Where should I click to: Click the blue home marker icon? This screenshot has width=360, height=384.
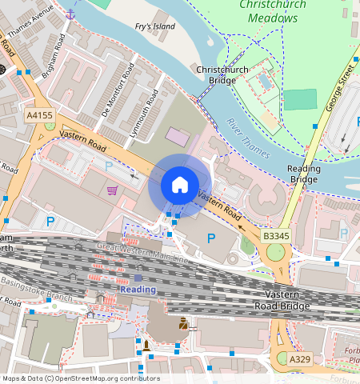[x=180, y=186]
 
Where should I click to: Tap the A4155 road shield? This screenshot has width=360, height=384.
[x=39, y=116]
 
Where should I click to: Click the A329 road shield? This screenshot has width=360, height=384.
[x=300, y=360]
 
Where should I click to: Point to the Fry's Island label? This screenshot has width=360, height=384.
[x=154, y=27]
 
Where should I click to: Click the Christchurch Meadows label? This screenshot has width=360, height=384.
[x=273, y=11]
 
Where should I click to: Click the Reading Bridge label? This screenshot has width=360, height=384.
[x=304, y=174]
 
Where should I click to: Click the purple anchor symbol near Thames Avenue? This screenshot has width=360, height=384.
[x=70, y=14]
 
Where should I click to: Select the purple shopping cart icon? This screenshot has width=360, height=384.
[x=112, y=190]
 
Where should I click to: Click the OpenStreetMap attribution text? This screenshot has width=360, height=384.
[x=81, y=378]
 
